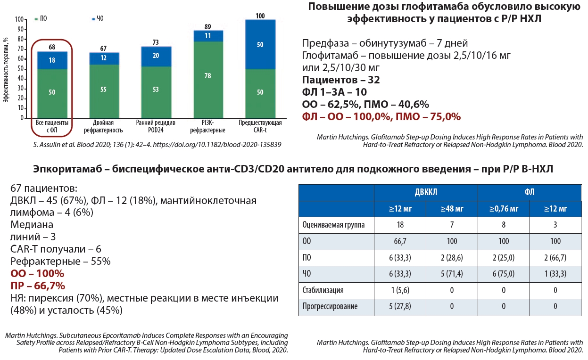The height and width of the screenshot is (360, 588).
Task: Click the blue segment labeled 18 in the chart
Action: [52, 60]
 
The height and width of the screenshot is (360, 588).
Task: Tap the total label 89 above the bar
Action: [208, 27]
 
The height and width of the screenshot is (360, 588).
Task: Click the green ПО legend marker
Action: [36, 19]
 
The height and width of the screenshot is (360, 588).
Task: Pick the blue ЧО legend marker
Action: [93, 18]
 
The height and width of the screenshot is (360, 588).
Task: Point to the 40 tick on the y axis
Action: [19, 79]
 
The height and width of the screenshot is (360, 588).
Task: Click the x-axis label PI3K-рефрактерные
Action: [208, 126]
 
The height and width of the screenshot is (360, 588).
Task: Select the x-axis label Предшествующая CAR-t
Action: [260, 126]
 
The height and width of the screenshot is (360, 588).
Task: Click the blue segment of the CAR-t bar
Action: [260, 45]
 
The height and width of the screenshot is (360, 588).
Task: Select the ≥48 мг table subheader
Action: [452, 208]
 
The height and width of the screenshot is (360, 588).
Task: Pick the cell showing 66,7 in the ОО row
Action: [400, 241]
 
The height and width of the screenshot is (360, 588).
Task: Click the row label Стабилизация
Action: [323, 290]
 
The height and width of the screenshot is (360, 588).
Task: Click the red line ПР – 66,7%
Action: [38, 286]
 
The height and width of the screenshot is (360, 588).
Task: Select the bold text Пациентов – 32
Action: [341, 80]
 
